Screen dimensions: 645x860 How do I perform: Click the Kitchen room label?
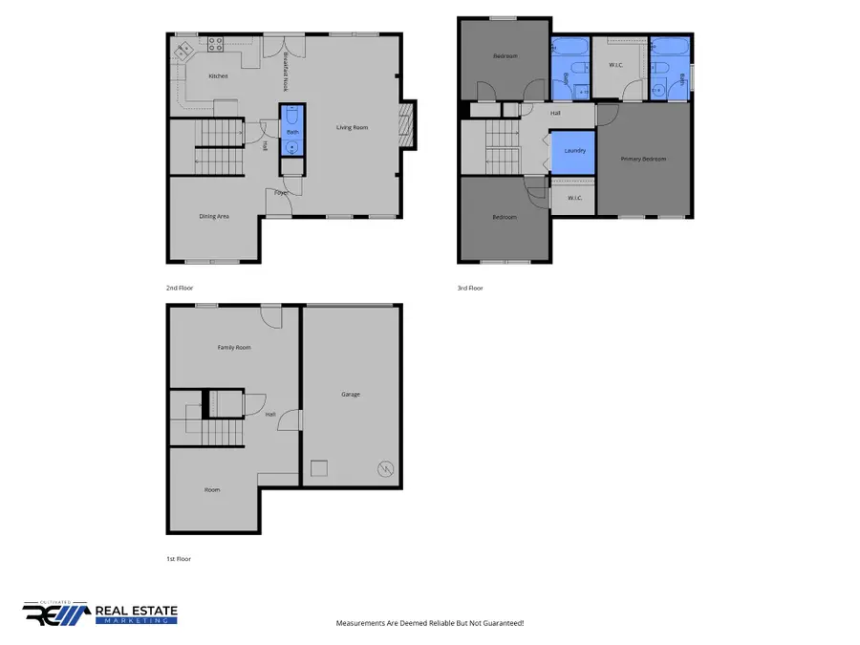[218, 75]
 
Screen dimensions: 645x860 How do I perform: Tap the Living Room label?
[352, 127]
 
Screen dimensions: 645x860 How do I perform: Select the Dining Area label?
[214, 217]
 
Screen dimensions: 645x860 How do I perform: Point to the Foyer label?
[281, 193]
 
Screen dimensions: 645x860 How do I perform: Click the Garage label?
[351, 394]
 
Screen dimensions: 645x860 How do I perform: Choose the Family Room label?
[234, 347]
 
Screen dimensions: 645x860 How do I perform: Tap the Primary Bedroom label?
[643, 159]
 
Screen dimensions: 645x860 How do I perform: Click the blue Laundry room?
[574, 151]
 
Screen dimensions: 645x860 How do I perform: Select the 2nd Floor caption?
[180, 287]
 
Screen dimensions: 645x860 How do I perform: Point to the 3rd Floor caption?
[470, 287]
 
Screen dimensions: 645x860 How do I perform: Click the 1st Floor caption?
[178, 558]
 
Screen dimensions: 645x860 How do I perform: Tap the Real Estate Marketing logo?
[100, 613]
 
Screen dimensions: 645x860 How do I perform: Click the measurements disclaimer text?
[430, 623]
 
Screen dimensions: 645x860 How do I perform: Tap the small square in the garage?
[320, 467]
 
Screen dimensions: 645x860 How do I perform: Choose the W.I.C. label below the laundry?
[574, 198]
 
